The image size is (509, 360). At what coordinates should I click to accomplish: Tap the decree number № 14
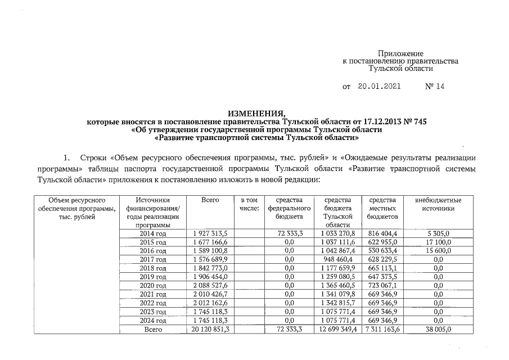pos(435,87)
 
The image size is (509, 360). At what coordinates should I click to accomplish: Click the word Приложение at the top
pos(400,52)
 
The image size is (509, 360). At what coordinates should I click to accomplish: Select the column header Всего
pos(210,200)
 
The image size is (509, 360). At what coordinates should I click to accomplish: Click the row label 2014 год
pos(152,233)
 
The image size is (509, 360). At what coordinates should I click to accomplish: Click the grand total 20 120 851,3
pos(210,329)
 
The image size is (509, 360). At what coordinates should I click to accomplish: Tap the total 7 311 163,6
pos(382,329)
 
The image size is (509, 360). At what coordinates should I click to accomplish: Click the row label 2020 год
pos(152,285)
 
